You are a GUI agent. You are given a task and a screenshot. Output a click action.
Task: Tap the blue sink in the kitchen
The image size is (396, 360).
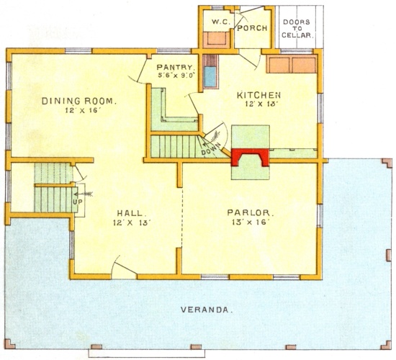pos(210,77)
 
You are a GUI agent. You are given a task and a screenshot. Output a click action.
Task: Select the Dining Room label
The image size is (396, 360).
pos(79,101)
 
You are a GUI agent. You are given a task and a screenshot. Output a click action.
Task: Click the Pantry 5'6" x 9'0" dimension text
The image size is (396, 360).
pos(176,76)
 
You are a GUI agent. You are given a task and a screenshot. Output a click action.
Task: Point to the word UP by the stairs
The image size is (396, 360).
pos(77,202)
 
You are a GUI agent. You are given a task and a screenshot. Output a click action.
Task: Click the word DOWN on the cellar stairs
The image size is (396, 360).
pos(211,150)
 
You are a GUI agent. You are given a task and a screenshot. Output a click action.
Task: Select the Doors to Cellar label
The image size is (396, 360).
pos(297,29)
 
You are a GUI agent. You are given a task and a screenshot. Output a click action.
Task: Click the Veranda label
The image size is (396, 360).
pos(207,310)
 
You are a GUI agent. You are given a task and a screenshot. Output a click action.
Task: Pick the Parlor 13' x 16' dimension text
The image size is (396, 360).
pos(250,222)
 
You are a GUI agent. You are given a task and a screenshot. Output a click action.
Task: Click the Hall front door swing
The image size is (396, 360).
pos(123,265)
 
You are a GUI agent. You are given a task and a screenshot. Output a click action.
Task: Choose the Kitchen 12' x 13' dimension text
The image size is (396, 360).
pos(258,104)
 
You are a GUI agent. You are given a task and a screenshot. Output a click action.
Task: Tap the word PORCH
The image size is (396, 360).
pos(252,28)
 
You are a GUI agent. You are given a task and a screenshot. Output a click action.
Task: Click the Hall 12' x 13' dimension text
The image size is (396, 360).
pos(132,222)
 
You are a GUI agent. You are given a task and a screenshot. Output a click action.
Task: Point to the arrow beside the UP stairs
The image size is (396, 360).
pos(84,194)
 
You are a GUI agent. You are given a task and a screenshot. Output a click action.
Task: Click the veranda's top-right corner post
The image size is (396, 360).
pos(387,163)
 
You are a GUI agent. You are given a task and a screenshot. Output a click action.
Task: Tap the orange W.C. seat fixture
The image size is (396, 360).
pos(216,40)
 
